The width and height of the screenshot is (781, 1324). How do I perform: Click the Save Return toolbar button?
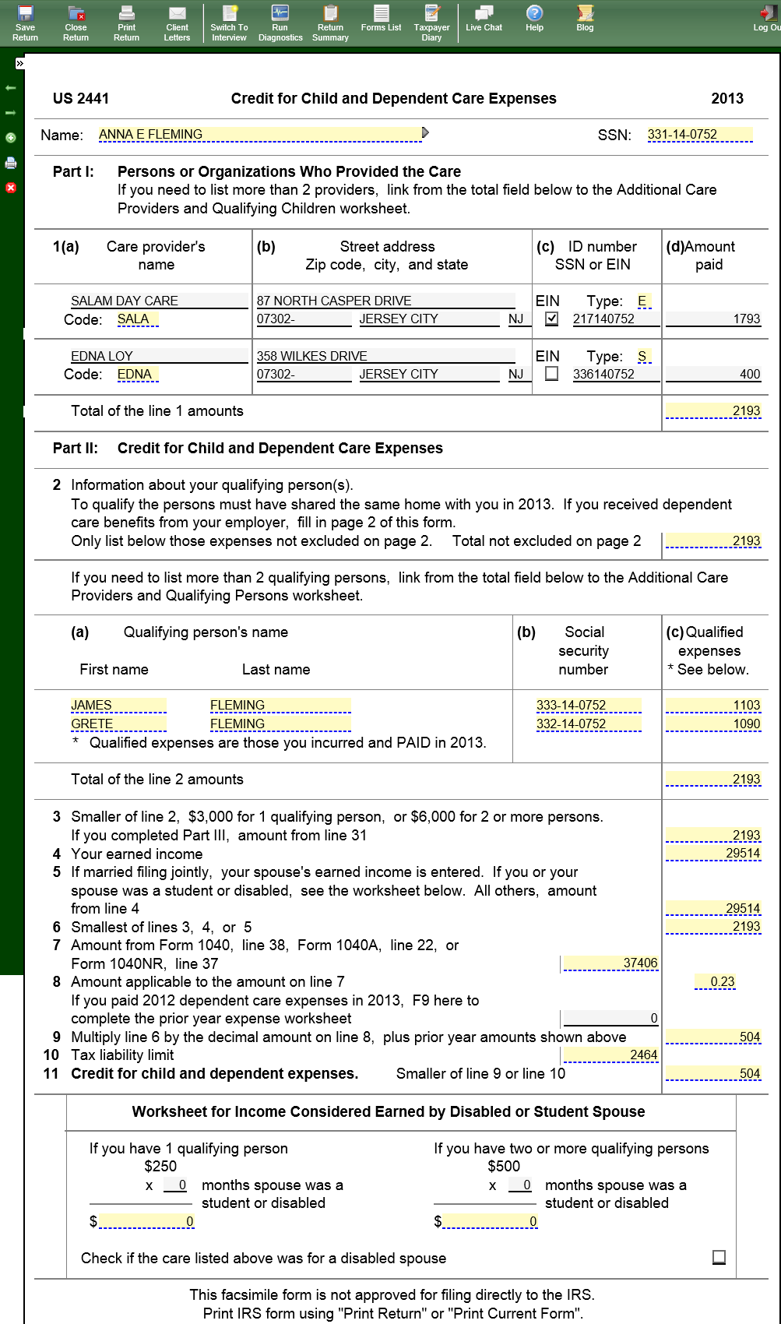(25, 22)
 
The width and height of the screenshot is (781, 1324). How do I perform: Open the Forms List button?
(381, 19)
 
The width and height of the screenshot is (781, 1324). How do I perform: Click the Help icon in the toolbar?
(534, 19)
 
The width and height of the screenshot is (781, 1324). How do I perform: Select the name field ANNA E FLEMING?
(259, 135)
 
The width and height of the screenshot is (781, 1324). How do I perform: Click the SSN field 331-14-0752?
(699, 135)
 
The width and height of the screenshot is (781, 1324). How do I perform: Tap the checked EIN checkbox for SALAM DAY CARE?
(552, 319)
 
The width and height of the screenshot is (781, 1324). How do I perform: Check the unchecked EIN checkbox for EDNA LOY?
(552, 374)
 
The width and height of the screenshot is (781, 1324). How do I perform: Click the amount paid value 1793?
(712, 319)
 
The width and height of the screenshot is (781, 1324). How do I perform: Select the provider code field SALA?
(137, 319)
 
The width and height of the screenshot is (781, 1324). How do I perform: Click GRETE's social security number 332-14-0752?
(588, 724)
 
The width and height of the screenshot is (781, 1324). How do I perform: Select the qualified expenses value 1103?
(713, 705)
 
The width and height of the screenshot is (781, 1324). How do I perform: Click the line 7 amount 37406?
(610, 963)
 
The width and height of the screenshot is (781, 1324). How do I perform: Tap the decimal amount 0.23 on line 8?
(715, 982)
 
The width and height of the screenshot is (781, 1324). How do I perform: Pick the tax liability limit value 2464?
(610, 1055)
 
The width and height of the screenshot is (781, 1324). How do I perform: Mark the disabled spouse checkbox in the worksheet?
(719, 1257)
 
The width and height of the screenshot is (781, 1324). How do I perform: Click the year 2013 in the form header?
(727, 98)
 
